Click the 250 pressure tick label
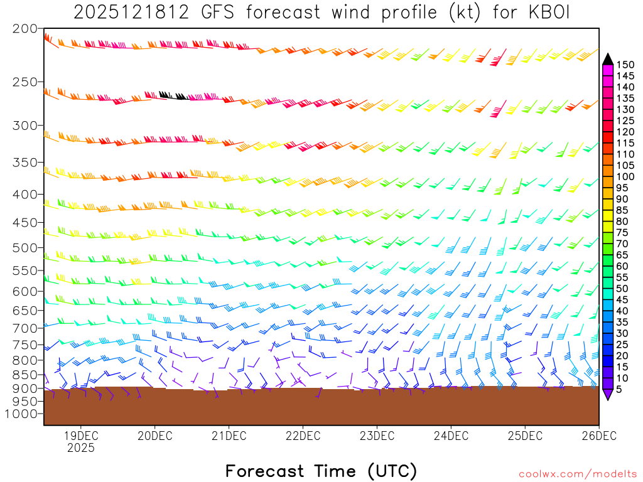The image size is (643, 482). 25,82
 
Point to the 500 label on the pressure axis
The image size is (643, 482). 25,248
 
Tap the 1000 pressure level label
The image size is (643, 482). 22,414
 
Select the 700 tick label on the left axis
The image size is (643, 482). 25,328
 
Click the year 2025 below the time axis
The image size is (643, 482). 80,448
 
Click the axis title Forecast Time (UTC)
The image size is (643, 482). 321,471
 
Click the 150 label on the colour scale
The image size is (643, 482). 625,64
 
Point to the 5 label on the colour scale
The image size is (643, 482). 619,390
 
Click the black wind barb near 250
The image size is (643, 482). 171,95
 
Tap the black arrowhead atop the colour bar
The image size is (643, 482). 607,58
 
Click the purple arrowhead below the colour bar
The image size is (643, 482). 607,395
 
